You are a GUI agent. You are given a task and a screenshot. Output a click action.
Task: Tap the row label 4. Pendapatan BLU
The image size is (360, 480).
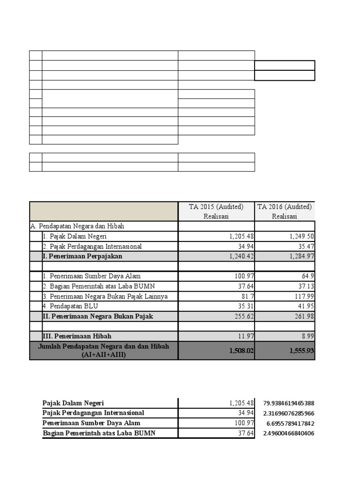point(70,306)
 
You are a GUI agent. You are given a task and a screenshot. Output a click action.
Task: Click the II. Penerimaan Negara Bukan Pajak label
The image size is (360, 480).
point(97,316)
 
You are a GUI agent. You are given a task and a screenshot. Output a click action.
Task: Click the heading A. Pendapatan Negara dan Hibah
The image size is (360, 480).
point(77,226)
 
